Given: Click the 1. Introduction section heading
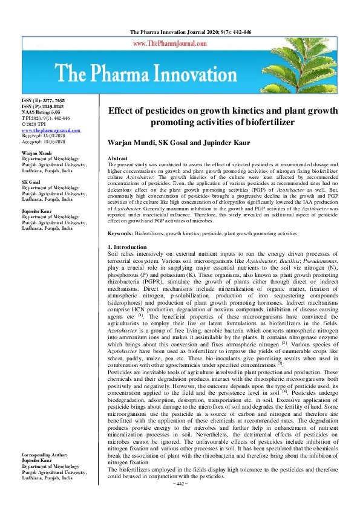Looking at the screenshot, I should (x=126, y=247).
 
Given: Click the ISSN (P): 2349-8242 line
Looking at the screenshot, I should (x=42, y=106).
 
